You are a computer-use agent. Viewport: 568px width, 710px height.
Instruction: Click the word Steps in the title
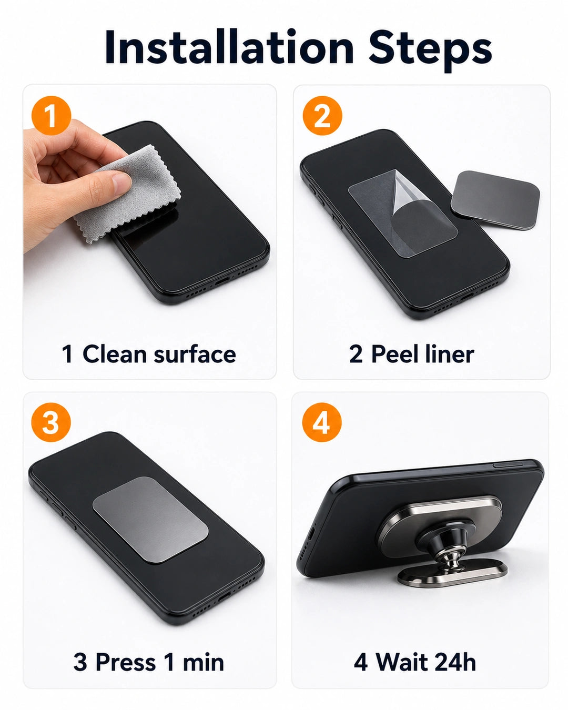(430, 50)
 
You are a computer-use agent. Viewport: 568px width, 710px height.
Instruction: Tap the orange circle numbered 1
(52, 116)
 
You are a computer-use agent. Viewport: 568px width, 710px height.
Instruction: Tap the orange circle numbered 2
(322, 116)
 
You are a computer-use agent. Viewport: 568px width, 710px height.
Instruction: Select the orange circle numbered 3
(51, 422)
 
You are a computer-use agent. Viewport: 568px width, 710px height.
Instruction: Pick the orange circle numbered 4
(322, 422)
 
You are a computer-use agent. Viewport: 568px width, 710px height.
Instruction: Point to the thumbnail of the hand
(121, 181)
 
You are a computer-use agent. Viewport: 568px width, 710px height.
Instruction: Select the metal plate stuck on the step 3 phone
(150, 519)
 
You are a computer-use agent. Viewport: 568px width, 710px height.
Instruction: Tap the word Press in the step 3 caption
(125, 662)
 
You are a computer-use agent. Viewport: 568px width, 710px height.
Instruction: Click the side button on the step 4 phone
(508, 465)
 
